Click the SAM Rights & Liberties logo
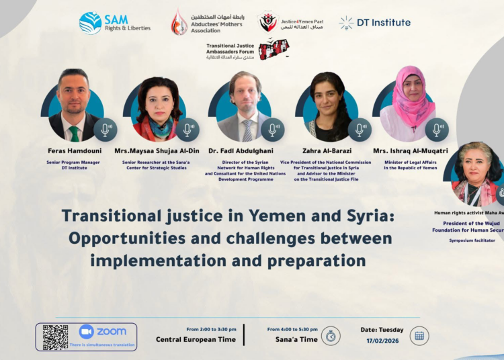114,23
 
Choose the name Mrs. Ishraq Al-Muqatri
415,150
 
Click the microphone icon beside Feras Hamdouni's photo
106,130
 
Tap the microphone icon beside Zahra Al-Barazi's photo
360,130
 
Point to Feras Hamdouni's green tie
74,133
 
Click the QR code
56,336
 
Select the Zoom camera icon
86,331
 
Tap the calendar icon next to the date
419,335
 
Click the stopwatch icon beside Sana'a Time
331,336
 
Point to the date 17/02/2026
382,341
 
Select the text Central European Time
196,340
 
